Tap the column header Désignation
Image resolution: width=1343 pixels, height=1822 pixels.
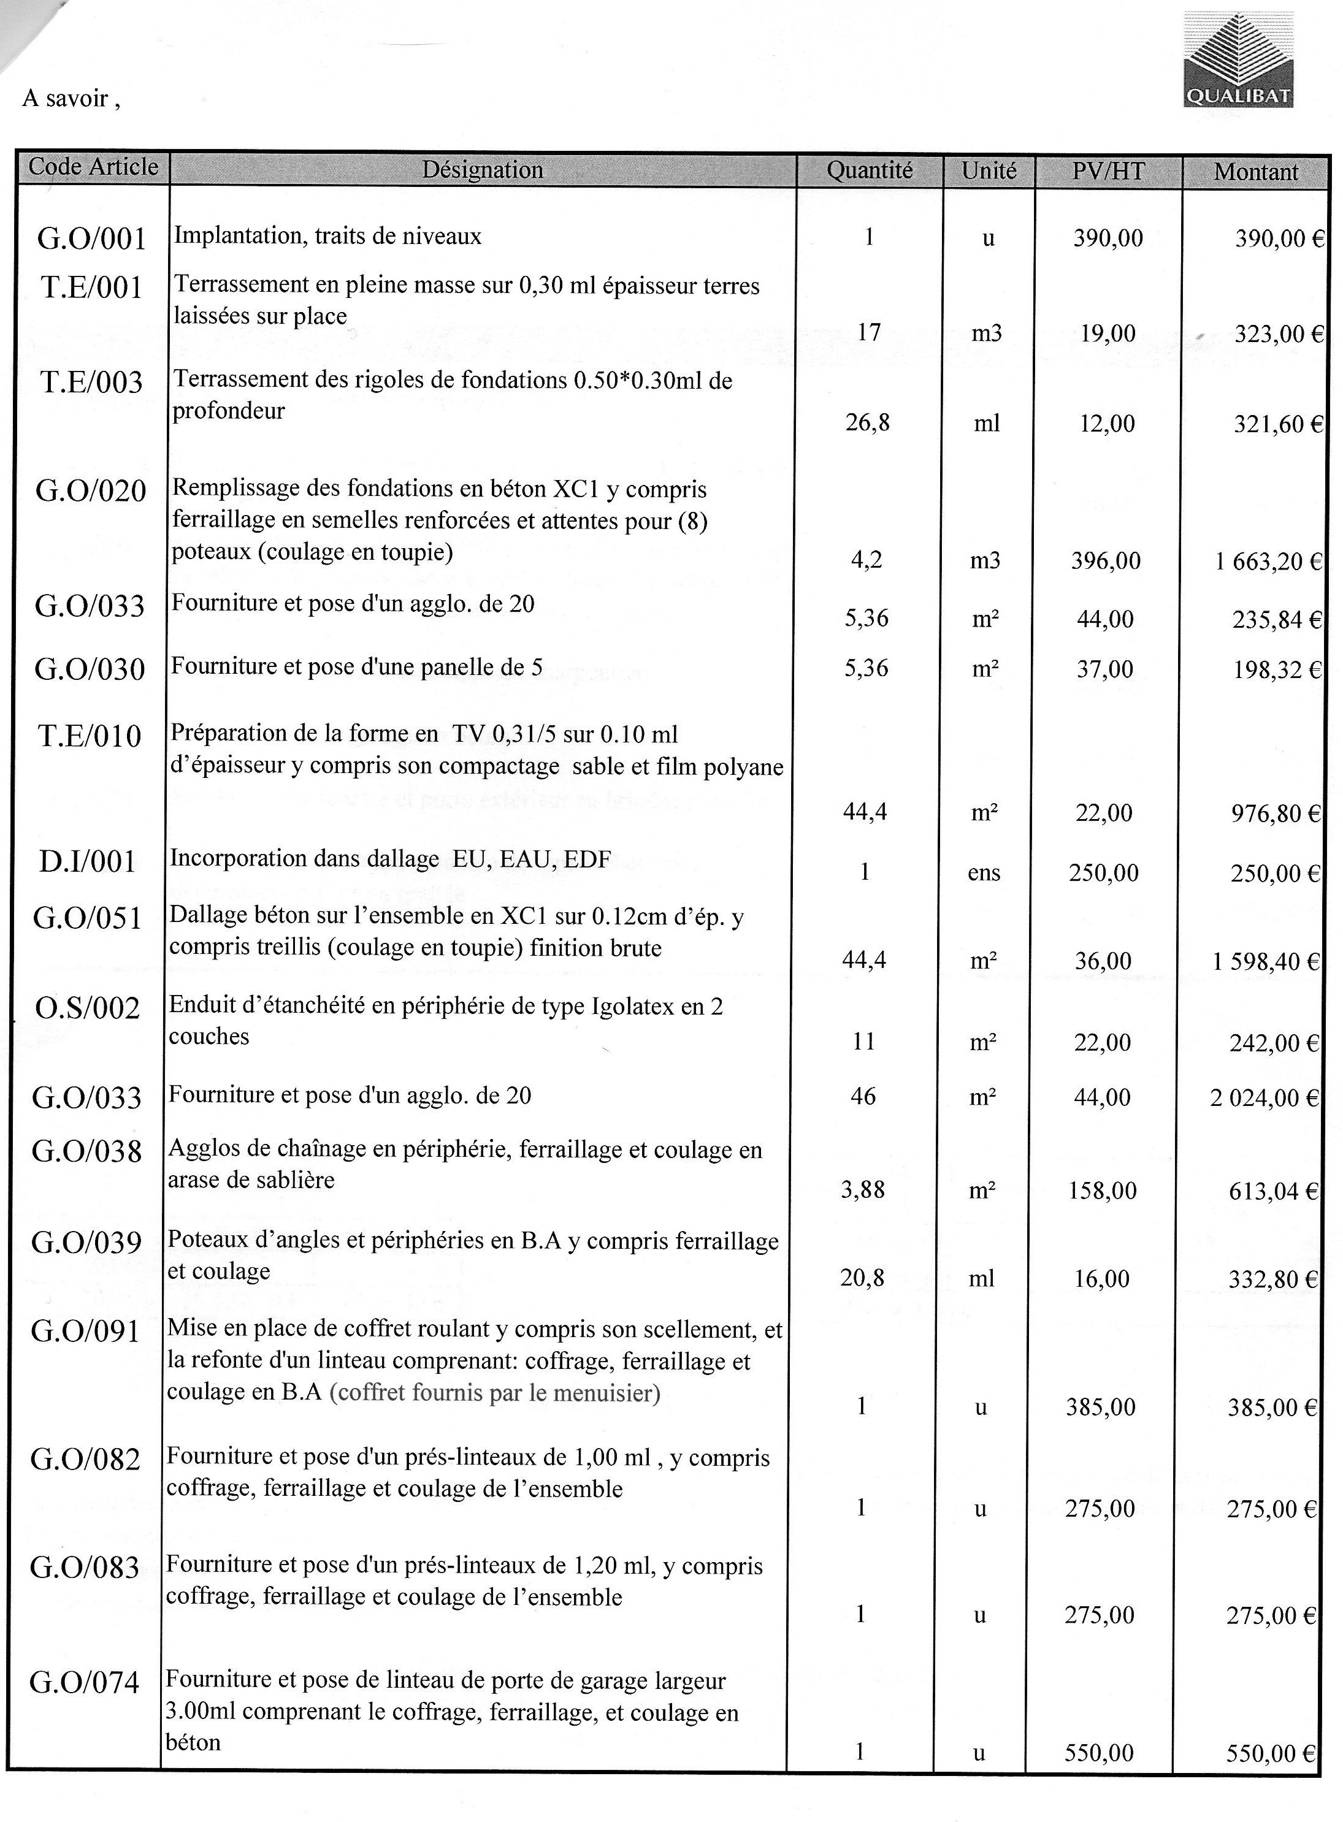[x=482, y=170]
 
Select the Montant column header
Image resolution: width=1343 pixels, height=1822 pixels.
[x=1255, y=172]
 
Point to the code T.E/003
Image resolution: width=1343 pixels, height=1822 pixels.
[x=92, y=382]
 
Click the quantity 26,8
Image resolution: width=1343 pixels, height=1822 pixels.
[x=867, y=422]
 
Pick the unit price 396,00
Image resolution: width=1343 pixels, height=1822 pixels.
[x=1106, y=561]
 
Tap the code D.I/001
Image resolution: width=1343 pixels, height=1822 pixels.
[x=87, y=861]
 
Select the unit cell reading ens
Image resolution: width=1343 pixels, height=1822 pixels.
[x=984, y=873]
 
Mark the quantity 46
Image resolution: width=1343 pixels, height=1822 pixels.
[x=863, y=1096]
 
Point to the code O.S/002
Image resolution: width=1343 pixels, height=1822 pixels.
[x=88, y=1008]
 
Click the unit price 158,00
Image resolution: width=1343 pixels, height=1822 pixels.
[x=1103, y=1191]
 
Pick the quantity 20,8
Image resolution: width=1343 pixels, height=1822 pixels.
[x=862, y=1278]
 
